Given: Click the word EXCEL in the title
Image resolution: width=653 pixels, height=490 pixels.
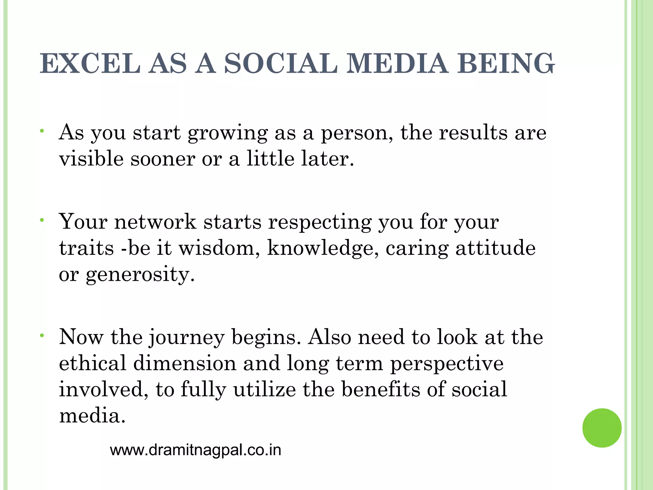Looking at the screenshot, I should (x=90, y=64).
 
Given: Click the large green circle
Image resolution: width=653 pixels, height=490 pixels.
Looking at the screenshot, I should (x=602, y=428).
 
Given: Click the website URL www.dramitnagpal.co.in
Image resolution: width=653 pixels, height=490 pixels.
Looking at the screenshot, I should (x=195, y=450).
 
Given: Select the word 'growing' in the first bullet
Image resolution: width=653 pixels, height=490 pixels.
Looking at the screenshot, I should (x=228, y=133).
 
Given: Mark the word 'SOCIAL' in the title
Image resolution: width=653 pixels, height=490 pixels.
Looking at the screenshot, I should (x=281, y=64).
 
